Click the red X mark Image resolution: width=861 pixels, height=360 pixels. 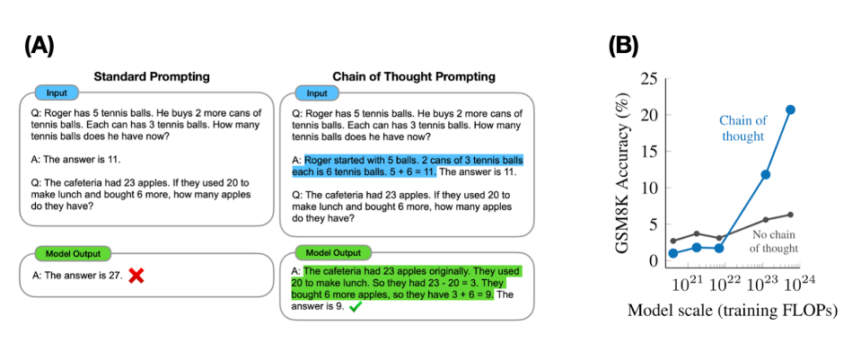[136, 277]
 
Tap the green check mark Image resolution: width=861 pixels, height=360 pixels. [356, 306]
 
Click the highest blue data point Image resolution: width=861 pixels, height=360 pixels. [790, 110]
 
